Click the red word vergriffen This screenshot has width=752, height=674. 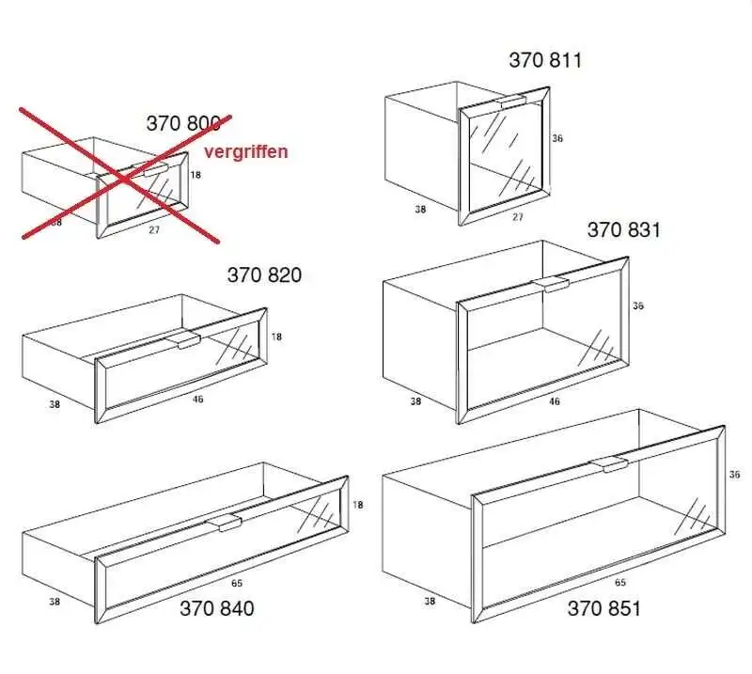[246, 151]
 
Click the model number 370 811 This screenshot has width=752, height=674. [545, 60]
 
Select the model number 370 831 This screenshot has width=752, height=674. [624, 229]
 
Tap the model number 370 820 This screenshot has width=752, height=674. [264, 274]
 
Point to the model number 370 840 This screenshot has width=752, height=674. [217, 608]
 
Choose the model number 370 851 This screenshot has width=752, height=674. [603, 608]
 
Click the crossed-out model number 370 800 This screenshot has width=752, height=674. [183, 123]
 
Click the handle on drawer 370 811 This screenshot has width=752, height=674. [513, 102]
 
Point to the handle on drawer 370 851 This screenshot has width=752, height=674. [609, 463]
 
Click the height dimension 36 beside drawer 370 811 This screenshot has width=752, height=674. [556, 138]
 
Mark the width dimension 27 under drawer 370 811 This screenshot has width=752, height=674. [518, 217]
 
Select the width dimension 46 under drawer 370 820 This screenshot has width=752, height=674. [197, 399]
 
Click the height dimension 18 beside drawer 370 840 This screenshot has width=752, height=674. [358, 505]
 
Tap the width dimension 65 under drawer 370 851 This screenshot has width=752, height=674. [620, 583]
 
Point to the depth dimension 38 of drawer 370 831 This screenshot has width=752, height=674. [415, 401]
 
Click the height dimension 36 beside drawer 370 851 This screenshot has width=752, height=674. [734, 475]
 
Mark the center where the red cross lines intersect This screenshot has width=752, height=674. [124, 179]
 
